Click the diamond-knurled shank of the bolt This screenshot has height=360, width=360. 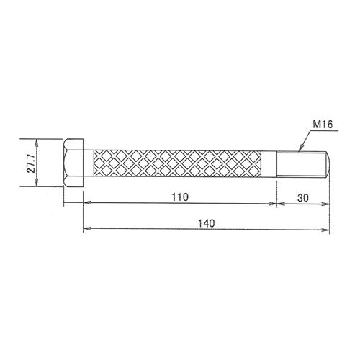[180, 163]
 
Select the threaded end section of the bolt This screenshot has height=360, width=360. [301, 163]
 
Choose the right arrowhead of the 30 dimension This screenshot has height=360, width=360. [328, 204]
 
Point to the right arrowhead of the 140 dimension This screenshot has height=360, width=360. [328, 230]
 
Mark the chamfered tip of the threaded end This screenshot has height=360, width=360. [328, 163]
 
